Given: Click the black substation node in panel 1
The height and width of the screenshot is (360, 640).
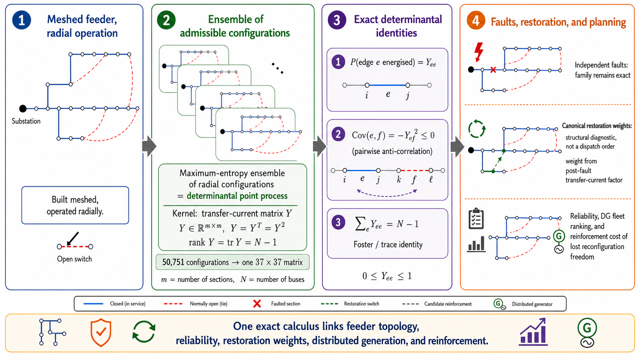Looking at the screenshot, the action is [23, 109].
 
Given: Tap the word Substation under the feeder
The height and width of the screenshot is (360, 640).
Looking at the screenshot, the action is [26, 121].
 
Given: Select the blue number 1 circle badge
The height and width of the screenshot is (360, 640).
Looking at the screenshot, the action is [22, 20].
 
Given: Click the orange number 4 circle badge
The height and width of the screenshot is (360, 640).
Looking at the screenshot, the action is [476, 20].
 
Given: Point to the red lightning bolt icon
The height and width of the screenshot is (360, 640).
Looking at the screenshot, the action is [479, 52].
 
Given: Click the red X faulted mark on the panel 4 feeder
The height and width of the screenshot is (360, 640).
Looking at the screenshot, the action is [493, 70].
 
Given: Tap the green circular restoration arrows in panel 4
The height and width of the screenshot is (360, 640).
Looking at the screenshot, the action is [477, 129].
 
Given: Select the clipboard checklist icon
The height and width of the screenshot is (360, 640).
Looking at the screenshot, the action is [476, 218].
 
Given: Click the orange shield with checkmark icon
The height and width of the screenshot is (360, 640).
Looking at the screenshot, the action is [101, 333].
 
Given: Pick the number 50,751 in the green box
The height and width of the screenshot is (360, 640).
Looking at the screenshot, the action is [173, 262].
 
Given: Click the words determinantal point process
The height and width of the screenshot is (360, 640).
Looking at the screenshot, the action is [237, 196].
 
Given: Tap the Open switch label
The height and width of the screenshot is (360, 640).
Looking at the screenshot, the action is [74, 259].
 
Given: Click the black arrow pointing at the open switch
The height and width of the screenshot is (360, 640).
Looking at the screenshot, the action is [73, 238].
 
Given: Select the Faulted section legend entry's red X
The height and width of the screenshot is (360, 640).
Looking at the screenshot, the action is [257, 304].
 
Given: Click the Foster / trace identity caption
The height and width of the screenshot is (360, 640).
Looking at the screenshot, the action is [388, 244].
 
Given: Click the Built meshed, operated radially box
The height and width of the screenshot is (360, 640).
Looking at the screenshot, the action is [75, 205].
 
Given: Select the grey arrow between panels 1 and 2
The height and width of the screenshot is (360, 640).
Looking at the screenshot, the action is [149, 147].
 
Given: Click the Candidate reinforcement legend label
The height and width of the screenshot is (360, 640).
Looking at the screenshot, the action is [448, 304].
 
